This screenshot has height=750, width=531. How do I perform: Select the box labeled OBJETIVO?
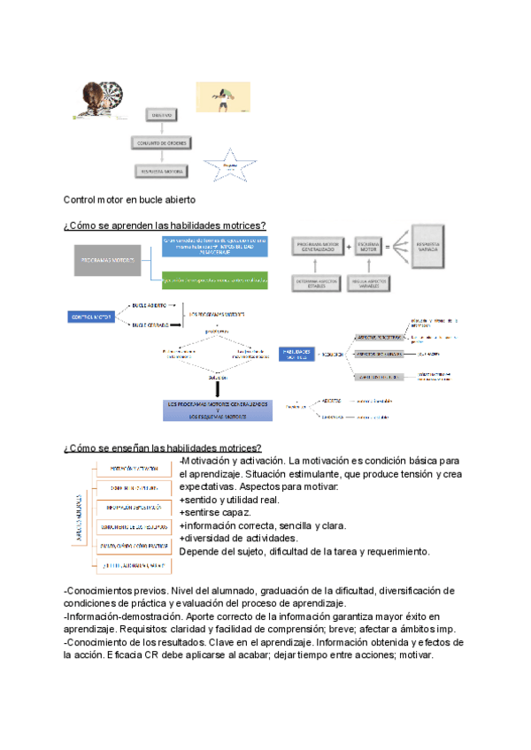click(x=163, y=115)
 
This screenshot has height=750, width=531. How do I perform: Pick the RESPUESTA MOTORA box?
click(x=162, y=172)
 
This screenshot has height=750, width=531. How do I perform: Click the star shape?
click(x=230, y=165)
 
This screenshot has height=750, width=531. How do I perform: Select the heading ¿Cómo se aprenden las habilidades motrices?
click(x=165, y=226)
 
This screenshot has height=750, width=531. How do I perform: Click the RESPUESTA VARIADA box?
click(x=433, y=249)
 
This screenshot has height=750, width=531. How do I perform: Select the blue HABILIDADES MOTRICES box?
click(x=297, y=354)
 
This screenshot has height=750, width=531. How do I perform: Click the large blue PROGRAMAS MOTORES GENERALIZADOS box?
click(x=217, y=409)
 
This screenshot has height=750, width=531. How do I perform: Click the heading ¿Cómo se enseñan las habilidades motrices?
click(x=162, y=448)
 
